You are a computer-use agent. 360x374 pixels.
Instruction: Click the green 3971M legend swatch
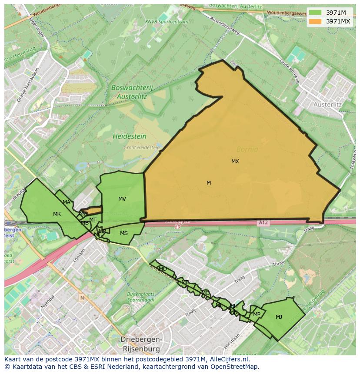click(315, 13)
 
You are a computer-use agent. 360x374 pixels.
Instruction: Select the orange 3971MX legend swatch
click(315, 21)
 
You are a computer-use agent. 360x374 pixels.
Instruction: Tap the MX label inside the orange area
click(235, 162)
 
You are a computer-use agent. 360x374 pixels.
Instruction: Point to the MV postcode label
click(122, 199)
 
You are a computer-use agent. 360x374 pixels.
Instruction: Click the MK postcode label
click(57, 214)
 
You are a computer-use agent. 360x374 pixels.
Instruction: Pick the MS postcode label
click(124, 233)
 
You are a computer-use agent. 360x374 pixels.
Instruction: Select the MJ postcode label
click(279, 317)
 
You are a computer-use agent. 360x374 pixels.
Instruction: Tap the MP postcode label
click(257, 314)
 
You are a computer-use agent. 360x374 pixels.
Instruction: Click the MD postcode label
click(163, 269)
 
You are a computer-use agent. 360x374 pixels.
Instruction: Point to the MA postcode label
click(67, 202)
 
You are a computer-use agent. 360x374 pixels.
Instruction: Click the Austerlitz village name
click(328, 105)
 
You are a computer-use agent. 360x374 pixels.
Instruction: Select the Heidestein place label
click(130, 136)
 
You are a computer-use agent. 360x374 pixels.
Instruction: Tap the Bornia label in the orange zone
click(247, 149)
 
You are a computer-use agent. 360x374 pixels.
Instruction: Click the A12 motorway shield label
click(263, 223)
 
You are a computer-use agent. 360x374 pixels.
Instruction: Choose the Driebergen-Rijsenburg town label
click(140, 344)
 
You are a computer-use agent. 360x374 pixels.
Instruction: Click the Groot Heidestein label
click(142, 148)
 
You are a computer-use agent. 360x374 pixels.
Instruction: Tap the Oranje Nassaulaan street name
click(28, 85)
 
